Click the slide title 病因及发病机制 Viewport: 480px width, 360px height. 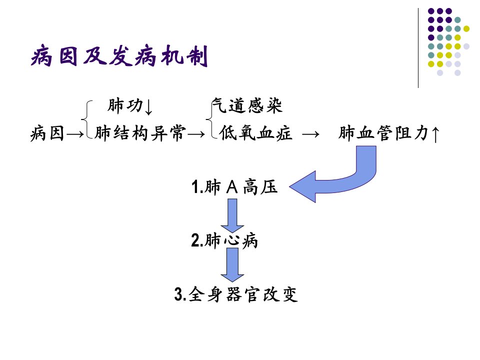(119, 56)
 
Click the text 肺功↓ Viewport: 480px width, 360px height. (130, 106)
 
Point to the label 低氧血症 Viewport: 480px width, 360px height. (255, 133)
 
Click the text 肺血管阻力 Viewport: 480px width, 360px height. (383, 133)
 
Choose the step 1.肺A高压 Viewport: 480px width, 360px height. (234, 186)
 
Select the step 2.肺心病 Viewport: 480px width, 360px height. (224, 240)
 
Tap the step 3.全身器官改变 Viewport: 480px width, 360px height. (236, 294)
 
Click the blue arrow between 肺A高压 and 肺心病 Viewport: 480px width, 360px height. (232, 215)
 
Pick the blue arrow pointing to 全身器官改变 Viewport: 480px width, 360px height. (232, 265)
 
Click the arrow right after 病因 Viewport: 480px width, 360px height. (75, 134)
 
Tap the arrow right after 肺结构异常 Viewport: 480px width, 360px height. (196, 134)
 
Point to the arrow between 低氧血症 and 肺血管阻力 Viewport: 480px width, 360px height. (310, 134)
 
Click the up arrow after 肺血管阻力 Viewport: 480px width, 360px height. (435, 134)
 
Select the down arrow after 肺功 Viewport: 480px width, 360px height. (148, 107)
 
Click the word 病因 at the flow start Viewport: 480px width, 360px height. (47, 133)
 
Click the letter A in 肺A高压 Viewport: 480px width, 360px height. (232, 186)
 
